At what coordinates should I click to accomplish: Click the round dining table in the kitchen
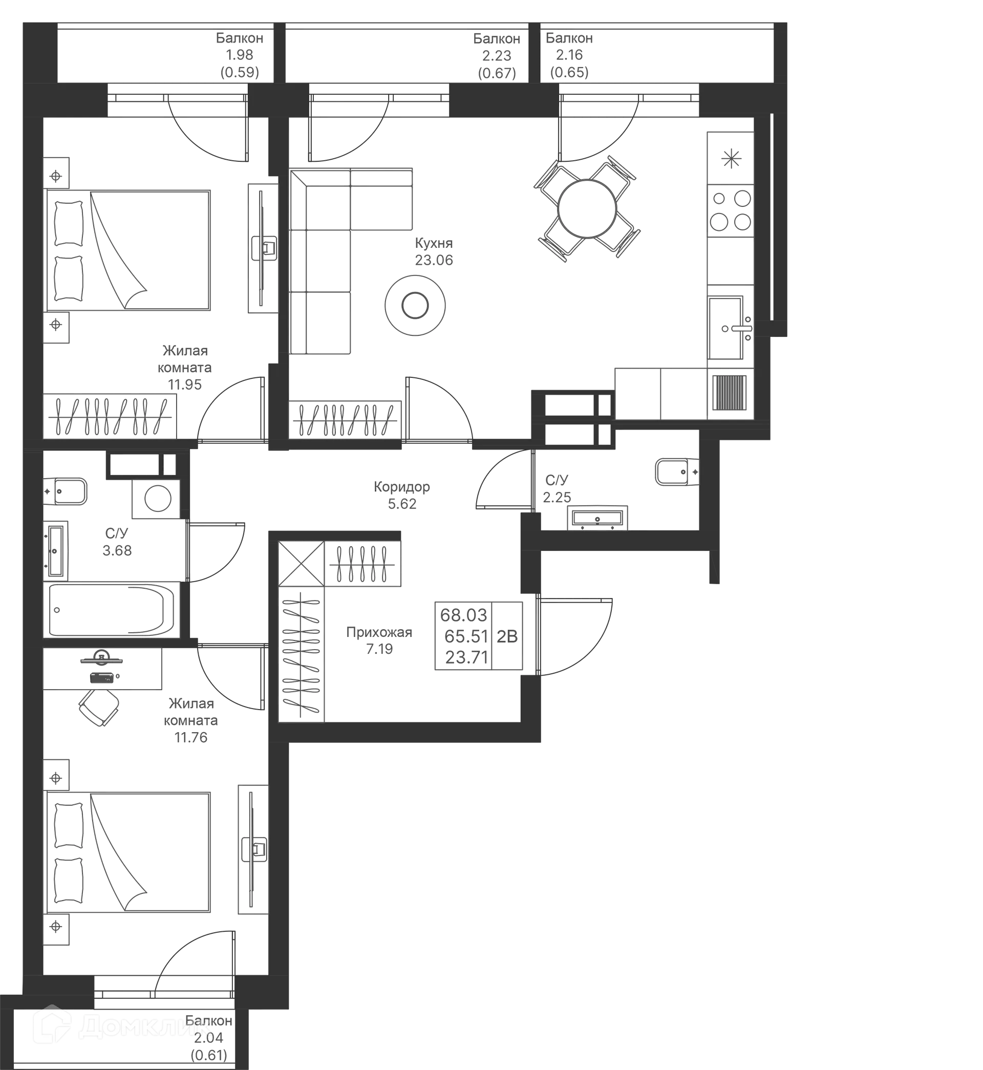click(587, 209)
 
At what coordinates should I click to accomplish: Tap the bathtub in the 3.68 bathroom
click(111, 609)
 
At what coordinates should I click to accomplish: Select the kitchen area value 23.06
click(434, 260)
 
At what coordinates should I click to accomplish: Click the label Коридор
click(401, 486)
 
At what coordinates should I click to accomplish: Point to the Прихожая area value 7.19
click(379, 649)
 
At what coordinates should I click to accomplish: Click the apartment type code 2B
click(507, 636)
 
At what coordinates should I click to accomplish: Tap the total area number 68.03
click(464, 615)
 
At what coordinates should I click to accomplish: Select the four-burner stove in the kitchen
click(730, 210)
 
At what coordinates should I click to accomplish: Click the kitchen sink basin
click(725, 328)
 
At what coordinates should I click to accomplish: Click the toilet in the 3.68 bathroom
click(65, 491)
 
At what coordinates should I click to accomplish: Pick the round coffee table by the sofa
click(415, 305)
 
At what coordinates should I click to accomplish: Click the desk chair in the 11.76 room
click(99, 707)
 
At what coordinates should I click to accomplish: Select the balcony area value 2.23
click(496, 55)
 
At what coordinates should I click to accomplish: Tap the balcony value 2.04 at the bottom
click(208, 1037)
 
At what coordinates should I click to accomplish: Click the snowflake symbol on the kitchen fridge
click(732, 159)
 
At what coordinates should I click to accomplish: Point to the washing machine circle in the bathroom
click(158, 499)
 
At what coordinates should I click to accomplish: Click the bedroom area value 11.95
click(185, 384)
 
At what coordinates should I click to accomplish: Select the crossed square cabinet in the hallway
click(301, 564)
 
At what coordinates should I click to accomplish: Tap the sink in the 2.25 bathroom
click(597, 518)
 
